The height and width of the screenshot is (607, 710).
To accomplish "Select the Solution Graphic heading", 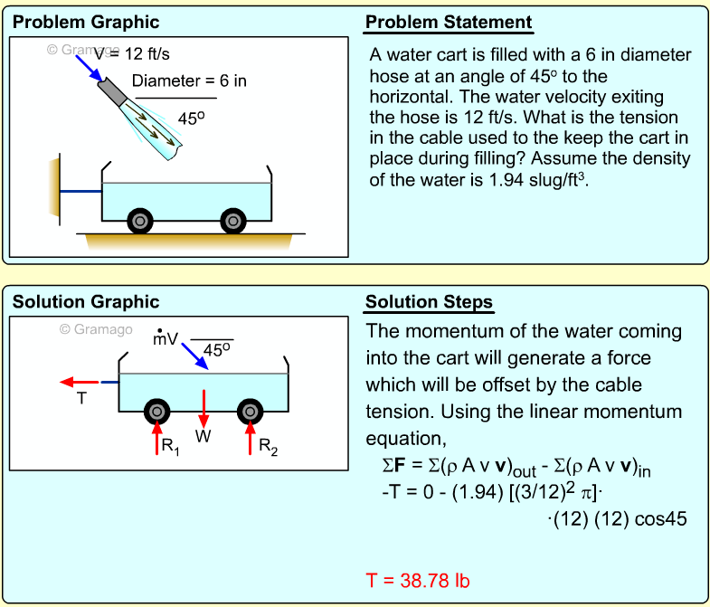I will (86, 302).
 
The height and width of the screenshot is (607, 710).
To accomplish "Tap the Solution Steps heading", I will (429, 302).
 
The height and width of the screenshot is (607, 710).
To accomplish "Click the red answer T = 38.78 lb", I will (418, 580).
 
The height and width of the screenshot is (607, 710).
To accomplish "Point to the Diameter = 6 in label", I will (189, 81).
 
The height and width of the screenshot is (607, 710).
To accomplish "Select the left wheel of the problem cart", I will (139, 220).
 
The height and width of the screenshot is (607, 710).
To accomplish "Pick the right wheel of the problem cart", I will (233, 220).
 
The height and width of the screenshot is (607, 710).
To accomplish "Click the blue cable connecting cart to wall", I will (81, 192).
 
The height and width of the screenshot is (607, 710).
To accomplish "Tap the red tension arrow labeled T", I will (79, 383).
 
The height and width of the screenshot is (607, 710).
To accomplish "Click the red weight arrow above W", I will (204, 407).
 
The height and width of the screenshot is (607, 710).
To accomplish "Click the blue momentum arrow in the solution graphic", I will (193, 355).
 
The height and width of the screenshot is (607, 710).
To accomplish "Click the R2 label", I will (268, 446).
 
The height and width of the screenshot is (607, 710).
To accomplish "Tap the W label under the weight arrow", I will (204, 437).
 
